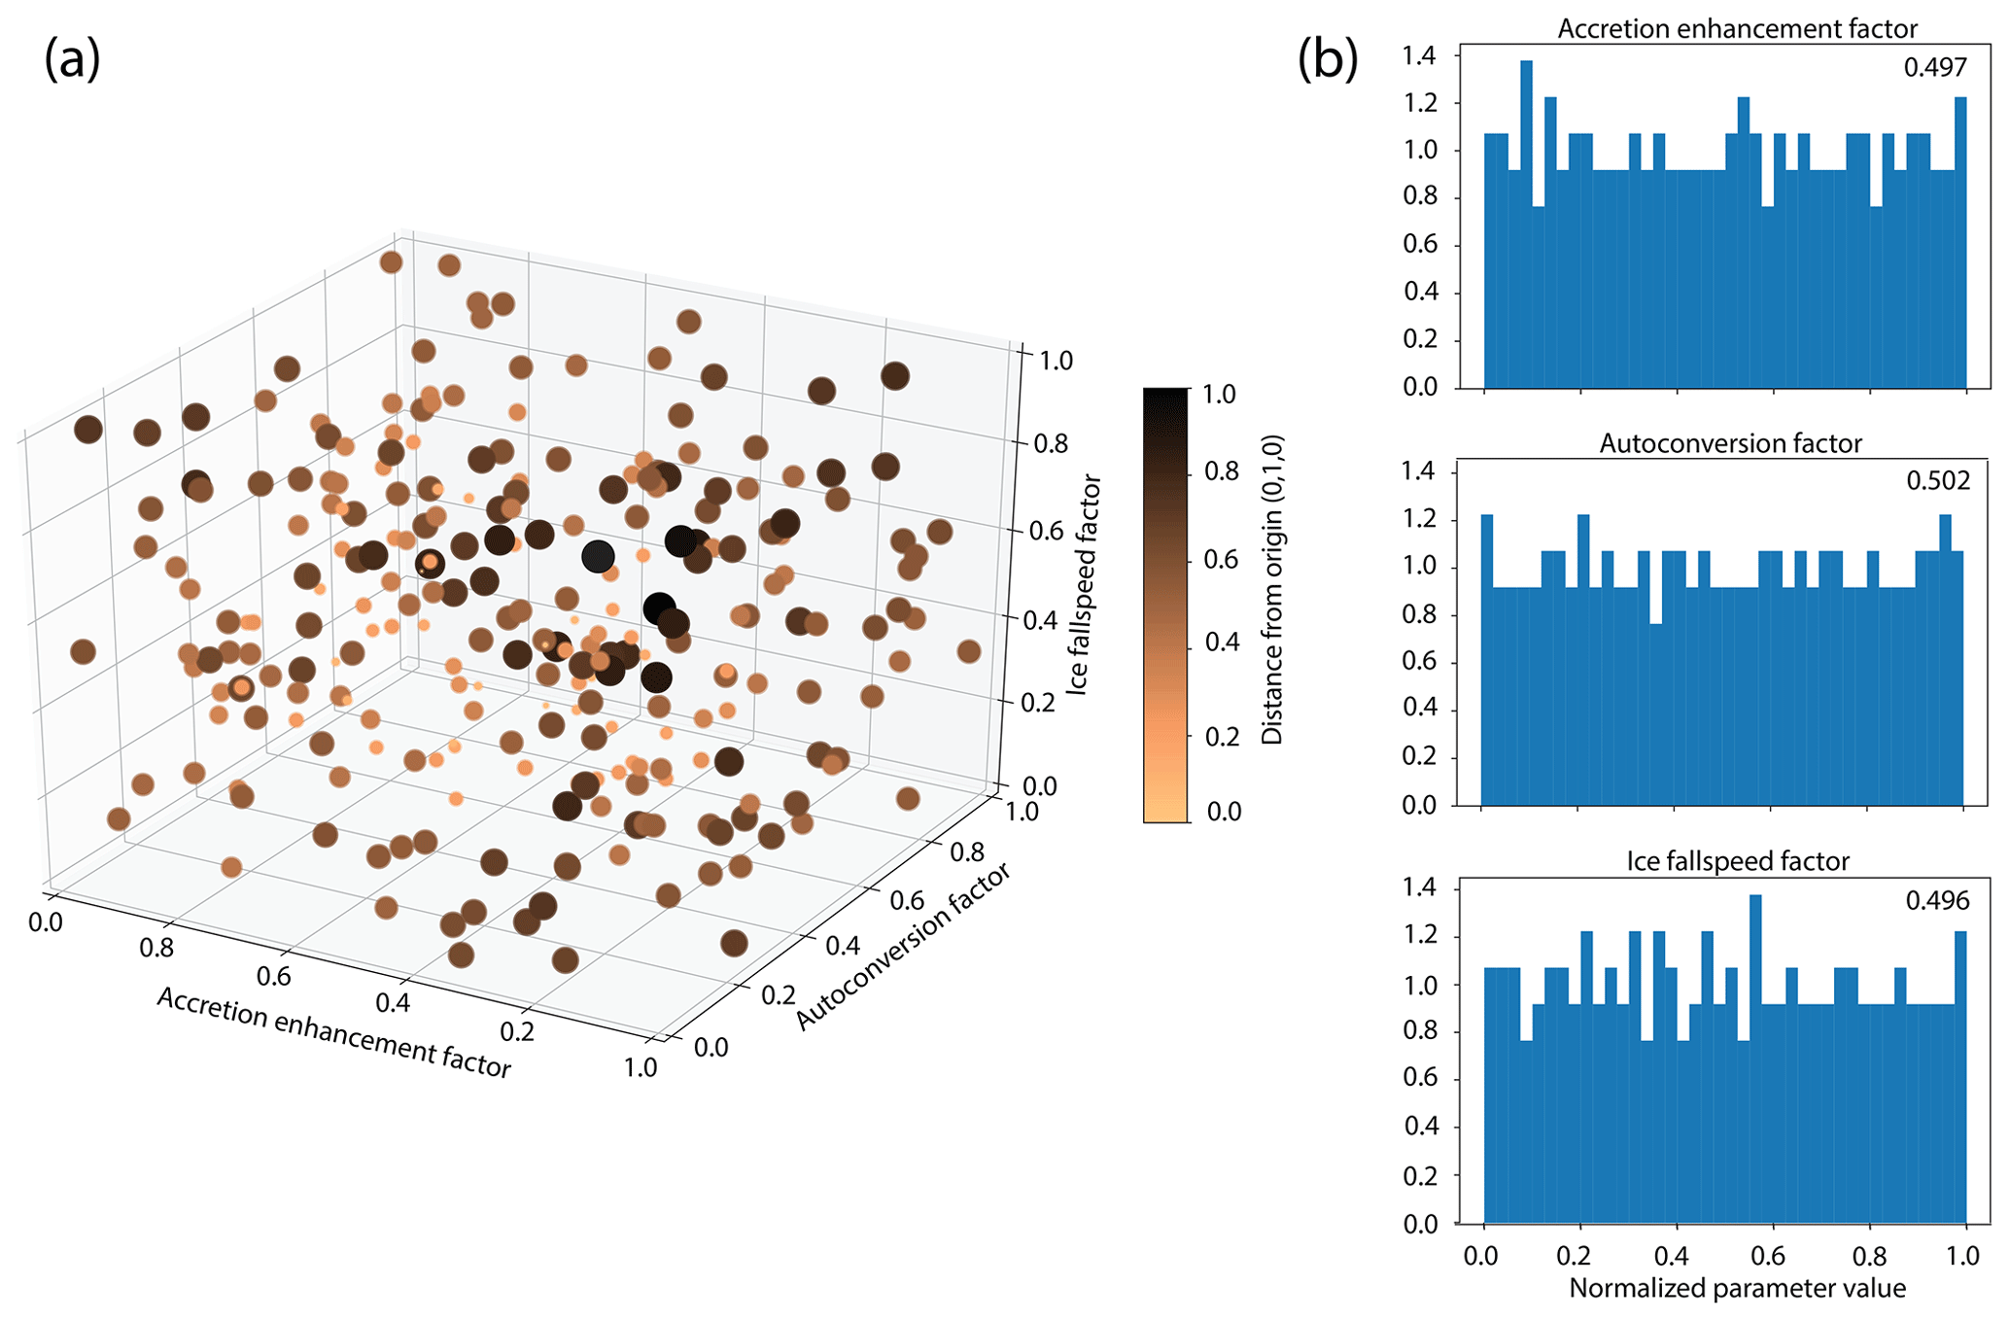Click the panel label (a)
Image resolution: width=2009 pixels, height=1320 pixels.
tap(72, 60)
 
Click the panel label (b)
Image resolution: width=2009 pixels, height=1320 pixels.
tap(1327, 60)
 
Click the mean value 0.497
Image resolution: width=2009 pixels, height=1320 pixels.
tap(1934, 67)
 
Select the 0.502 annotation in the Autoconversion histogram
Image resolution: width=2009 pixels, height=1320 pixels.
tap(1938, 481)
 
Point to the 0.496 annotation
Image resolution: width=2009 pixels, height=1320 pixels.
tap(1937, 900)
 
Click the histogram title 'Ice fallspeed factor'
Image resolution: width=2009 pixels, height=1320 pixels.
tap(1738, 861)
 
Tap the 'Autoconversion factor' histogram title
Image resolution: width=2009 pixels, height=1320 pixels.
tap(1731, 444)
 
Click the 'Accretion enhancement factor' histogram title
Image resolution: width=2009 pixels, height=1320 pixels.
tap(1738, 29)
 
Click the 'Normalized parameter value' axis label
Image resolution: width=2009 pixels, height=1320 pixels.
tap(1737, 1289)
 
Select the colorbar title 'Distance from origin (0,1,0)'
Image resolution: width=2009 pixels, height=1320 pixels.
tap(1273, 589)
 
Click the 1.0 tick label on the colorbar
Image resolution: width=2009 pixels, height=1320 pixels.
tap(1219, 395)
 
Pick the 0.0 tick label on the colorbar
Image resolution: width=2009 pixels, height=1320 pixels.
tap(1224, 812)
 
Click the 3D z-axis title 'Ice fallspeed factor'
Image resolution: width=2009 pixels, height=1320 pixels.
tap(1087, 583)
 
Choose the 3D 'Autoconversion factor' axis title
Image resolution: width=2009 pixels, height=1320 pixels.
tap(904, 946)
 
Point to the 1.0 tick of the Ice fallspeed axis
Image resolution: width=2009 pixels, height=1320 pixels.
tap(1050, 361)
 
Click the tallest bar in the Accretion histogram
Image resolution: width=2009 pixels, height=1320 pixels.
tap(1526, 224)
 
